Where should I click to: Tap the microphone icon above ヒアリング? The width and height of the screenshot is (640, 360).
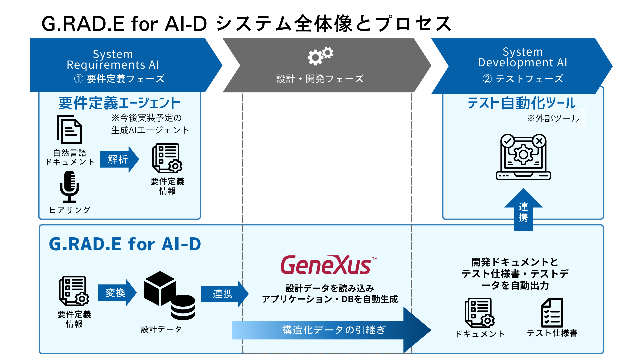69,187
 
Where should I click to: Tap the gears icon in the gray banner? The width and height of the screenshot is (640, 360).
320,56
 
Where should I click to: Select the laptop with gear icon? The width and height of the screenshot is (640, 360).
523,157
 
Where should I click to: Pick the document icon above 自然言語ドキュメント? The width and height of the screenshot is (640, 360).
69,130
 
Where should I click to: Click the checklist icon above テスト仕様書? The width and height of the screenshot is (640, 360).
552,313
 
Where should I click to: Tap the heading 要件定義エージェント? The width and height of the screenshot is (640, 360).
119,103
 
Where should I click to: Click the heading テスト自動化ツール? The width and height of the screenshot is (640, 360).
521,103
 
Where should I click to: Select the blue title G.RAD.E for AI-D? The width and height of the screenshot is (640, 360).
125,244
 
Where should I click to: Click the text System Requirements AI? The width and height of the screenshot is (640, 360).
113,59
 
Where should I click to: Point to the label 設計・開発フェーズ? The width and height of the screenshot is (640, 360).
320,79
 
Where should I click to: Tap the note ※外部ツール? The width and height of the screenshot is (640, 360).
553,118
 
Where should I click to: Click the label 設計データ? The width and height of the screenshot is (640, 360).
161,329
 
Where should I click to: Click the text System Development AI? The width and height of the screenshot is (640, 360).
522,57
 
